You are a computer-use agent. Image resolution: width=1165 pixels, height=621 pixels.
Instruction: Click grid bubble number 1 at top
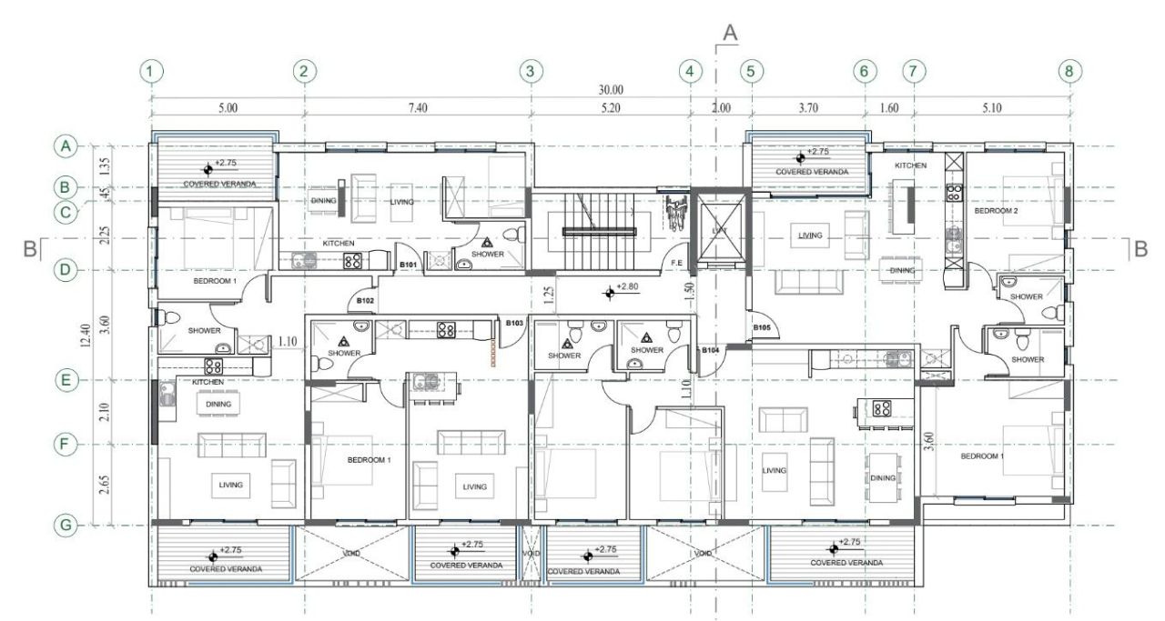click(x=152, y=71)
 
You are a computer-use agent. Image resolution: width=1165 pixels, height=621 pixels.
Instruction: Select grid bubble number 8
click(x=1070, y=71)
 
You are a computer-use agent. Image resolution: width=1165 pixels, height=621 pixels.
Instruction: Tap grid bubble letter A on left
click(x=66, y=145)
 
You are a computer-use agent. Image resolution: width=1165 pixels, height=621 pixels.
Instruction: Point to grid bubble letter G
click(x=66, y=525)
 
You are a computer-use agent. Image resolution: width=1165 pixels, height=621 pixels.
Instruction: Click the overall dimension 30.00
click(x=611, y=90)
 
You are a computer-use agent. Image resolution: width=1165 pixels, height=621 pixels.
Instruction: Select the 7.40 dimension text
click(x=418, y=107)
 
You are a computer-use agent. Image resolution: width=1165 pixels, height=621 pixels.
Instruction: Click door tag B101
click(x=409, y=265)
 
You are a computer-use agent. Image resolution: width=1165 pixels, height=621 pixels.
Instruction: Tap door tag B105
click(x=763, y=327)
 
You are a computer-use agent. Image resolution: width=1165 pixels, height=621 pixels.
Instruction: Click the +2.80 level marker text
click(x=628, y=287)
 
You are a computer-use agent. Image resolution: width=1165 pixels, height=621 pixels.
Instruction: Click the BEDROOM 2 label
click(x=996, y=210)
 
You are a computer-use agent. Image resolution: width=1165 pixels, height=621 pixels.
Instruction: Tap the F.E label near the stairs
click(x=677, y=263)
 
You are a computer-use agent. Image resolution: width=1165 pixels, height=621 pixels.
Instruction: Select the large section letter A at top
click(x=729, y=32)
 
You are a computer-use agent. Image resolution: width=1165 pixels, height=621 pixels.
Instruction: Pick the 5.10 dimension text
click(x=992, y=107)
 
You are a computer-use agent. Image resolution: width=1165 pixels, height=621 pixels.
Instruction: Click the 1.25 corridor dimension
click(x=548, y=294)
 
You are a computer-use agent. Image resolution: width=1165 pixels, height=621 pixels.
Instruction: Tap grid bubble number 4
click(x=691, y=71)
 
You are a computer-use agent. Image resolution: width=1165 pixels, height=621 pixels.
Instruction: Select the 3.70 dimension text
click(x=807, y=107)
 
